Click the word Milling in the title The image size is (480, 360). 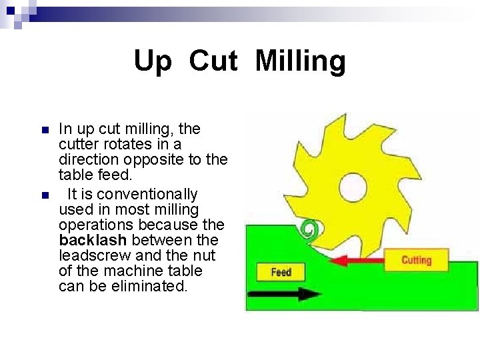[x=301, y=62]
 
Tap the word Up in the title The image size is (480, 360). [x=153, y=62]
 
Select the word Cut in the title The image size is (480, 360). [x=213, y=61]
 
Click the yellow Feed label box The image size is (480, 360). [x=281, y=272]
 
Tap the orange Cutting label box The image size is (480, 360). [x=416, y=260]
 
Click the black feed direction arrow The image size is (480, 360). [x=279, y=293]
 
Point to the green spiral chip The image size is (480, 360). [x=308, y=230]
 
